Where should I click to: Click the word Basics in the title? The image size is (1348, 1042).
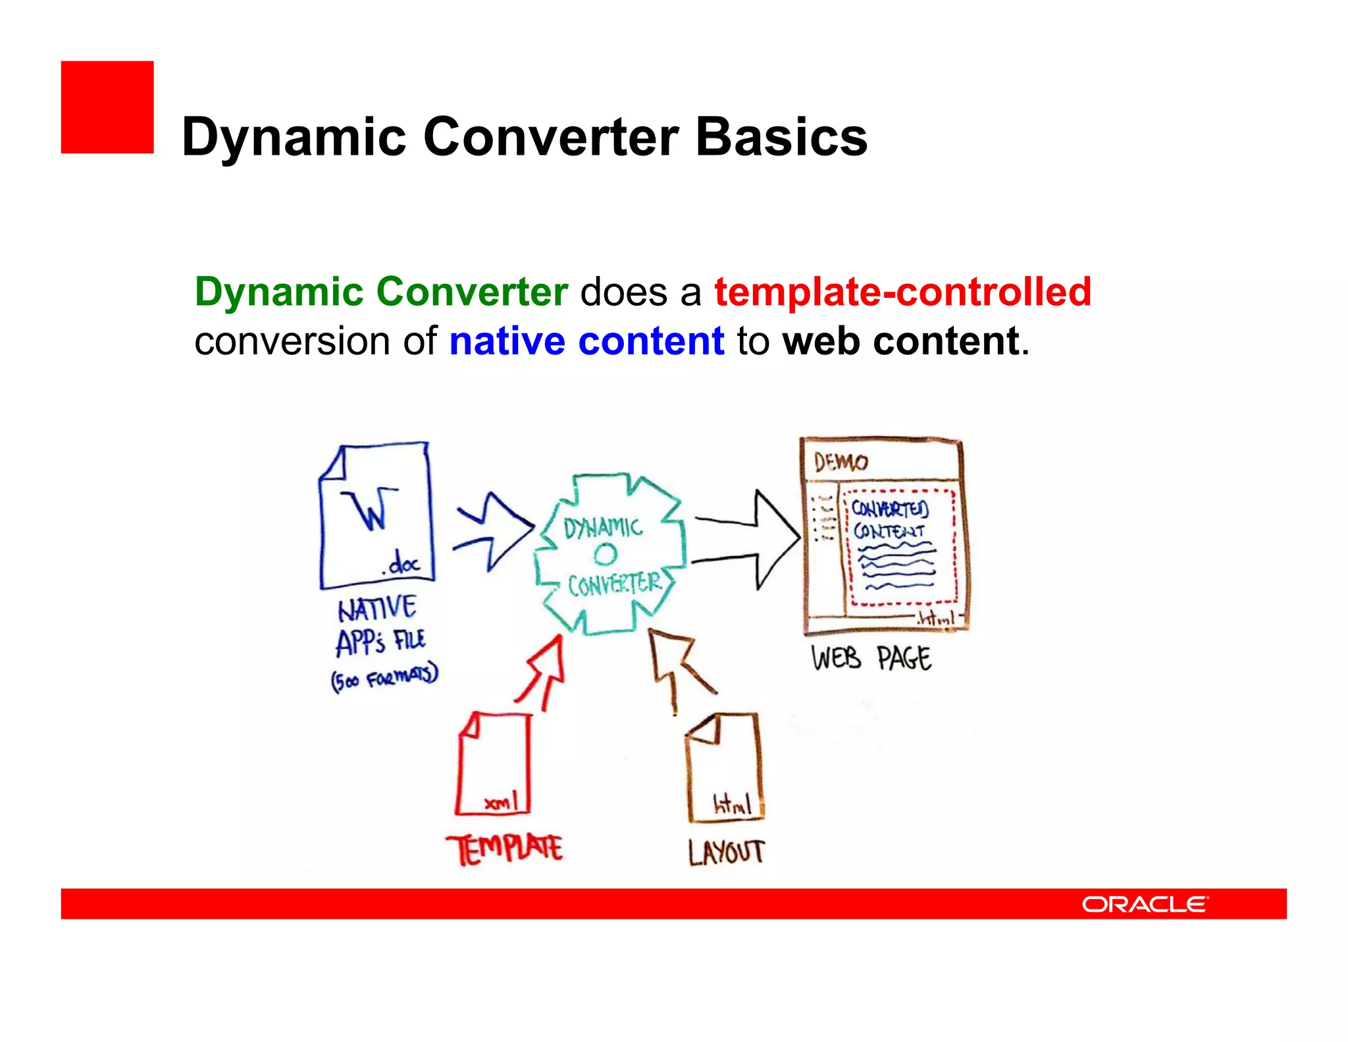(781, 137)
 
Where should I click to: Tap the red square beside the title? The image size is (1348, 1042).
(107, 107)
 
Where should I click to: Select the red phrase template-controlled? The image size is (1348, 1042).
(902, 292)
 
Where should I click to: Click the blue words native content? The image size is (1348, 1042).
(586, 341)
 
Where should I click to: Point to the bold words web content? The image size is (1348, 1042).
(901, 341)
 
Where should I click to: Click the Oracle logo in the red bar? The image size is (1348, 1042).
(1145, 904)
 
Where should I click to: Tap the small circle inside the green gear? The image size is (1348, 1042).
(606, 554)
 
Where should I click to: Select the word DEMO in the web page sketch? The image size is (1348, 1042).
(841, 462)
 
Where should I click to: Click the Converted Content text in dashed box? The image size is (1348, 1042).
(889, 519)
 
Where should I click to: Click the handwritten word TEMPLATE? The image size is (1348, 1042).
(504, 849)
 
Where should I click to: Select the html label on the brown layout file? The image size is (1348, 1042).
(731, 804)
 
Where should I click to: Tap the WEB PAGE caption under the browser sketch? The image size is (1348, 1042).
(871, 658)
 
